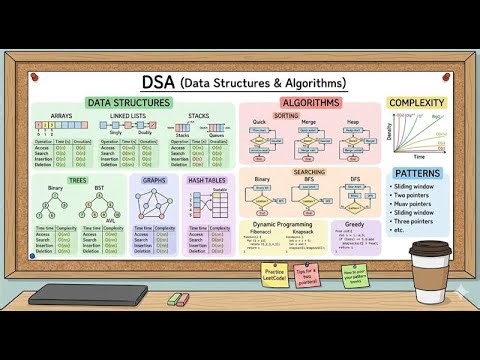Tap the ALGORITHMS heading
[310, 103]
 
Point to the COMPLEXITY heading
[418, 103]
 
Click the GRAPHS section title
[155, 180]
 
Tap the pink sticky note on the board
[304, 275]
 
